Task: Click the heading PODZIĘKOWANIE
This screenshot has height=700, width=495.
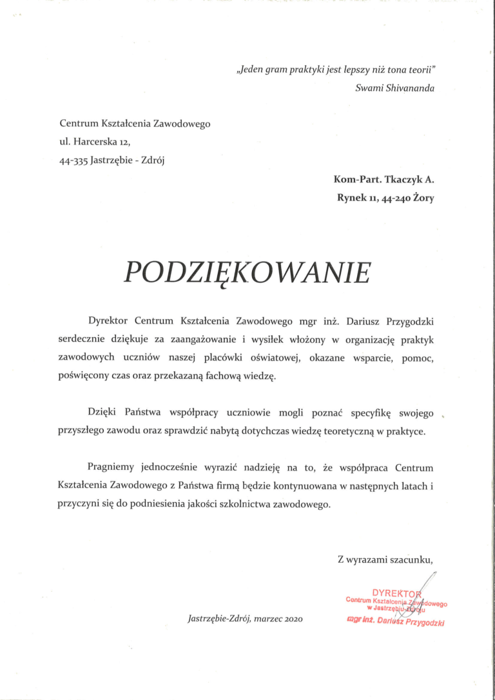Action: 247,274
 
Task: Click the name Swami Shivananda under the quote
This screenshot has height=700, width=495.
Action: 394,88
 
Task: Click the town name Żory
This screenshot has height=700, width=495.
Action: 423,199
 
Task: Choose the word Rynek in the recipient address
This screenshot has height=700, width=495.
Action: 351,199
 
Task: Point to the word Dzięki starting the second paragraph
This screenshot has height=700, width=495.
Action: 102,413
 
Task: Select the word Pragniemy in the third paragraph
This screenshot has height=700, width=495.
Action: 111,467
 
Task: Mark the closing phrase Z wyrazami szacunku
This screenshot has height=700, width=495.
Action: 385,559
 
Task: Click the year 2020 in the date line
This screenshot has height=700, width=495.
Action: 290,619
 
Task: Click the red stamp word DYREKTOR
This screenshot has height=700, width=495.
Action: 396,592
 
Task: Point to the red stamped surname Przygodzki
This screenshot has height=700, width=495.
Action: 421,623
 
